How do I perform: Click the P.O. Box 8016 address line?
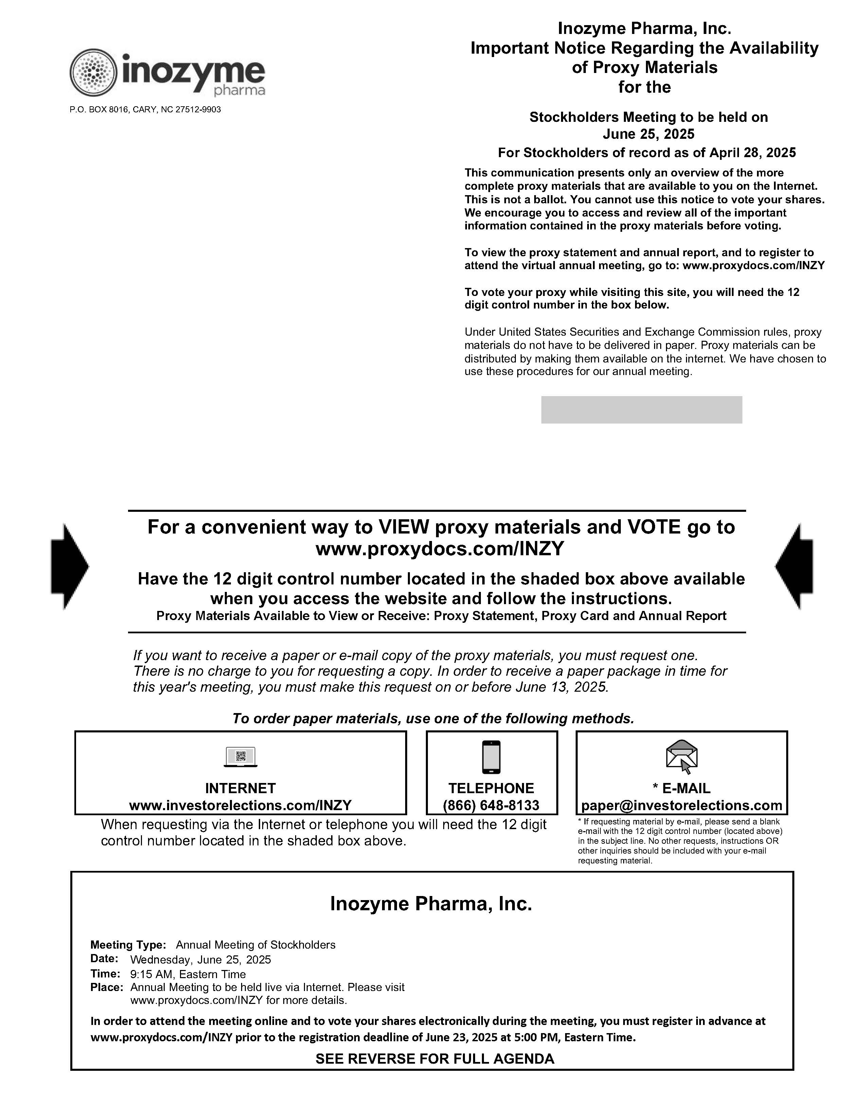pos(145,110)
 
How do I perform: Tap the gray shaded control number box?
pos(641,410)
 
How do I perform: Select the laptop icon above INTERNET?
pos(241,757)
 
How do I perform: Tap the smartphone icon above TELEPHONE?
pos(491,757)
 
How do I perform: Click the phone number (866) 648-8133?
pos(491,805)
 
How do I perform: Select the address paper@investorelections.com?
pos(681,805)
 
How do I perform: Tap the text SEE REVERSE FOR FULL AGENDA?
pos(435,1059)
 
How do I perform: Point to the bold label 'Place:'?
pos(107,987)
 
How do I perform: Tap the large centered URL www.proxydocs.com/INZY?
pos(440,549)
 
